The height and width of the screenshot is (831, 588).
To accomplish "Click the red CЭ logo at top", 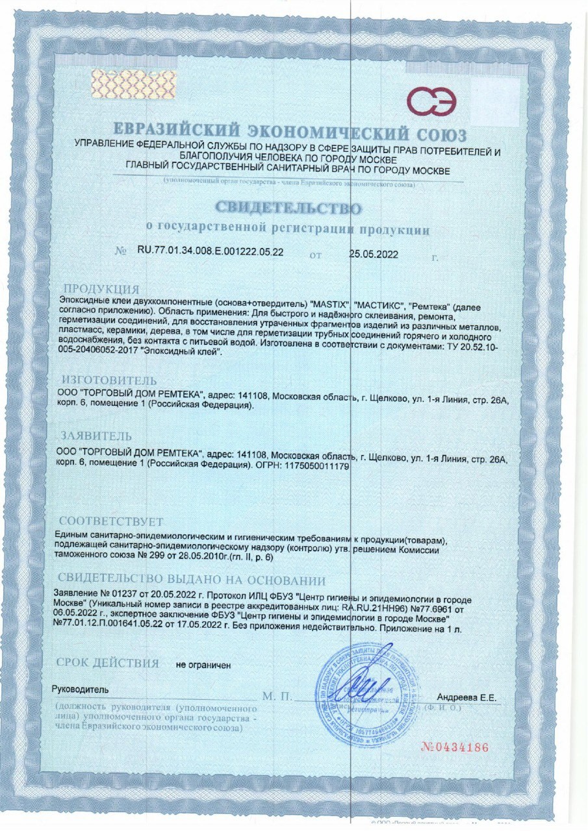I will tap(432, 101).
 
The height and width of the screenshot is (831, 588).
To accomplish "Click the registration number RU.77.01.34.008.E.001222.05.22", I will tap(211, 252).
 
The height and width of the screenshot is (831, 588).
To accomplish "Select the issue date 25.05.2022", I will tap(374, 254).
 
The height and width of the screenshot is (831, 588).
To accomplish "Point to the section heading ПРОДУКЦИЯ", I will tap(101, 288).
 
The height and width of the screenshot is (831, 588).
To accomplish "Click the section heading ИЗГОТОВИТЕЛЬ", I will tap(109, 380).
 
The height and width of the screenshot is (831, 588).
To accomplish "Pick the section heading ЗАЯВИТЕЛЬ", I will tap(97, 436).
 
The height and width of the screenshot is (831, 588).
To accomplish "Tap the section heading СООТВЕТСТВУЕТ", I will tap(111, 521).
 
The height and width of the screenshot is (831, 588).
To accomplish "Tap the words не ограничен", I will tap(203, 665).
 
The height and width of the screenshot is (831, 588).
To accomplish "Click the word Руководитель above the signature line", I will tap(81, 689).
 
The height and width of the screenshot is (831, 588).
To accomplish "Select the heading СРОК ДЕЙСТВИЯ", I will tap(108, 663).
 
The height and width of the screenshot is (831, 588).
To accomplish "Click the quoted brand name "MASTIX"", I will tap(332, 304).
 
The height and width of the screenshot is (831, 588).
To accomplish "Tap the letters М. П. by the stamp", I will tap(277, 697).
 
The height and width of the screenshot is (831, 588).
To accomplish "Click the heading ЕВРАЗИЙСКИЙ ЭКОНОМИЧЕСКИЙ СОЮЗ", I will tap(288, 134).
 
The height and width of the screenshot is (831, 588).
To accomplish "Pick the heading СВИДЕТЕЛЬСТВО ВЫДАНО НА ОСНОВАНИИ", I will tap(192, 580).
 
